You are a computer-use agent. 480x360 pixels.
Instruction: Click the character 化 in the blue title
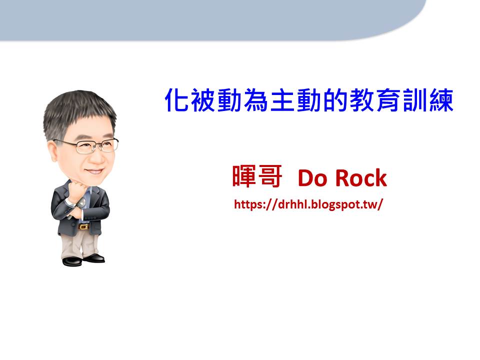176,100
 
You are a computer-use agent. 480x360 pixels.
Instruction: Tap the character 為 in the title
256,100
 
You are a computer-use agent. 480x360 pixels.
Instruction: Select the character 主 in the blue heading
282,100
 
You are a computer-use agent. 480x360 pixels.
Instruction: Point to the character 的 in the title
335,100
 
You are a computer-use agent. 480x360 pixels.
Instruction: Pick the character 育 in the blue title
388,100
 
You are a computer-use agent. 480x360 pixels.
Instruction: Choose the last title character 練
441,100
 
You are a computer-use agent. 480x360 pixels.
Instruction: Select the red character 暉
244,176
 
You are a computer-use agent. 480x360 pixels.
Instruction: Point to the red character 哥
269,176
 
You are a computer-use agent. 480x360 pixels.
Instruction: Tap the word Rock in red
361,177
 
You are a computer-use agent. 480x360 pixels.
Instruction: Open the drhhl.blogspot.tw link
308,204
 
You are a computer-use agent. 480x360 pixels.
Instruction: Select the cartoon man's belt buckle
83,227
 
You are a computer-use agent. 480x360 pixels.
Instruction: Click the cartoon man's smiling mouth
95,171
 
